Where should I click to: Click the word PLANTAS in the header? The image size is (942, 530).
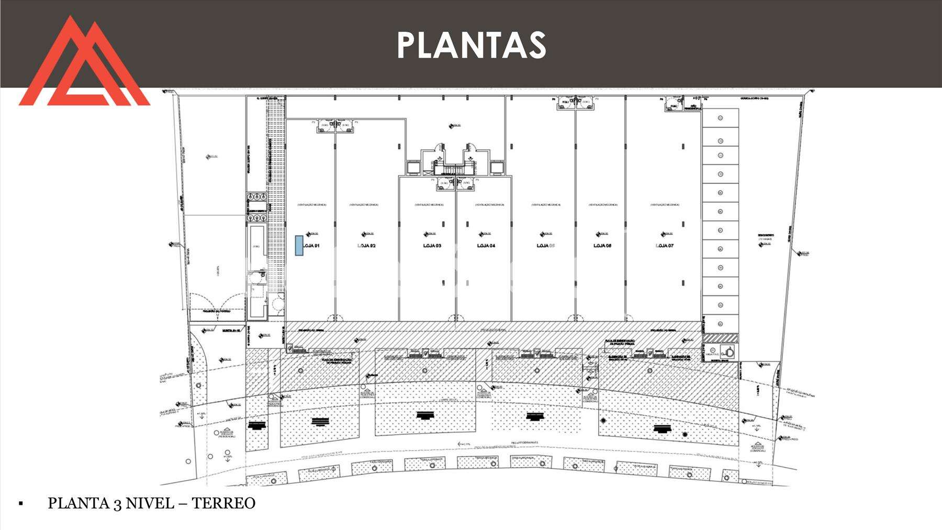click(x=472, y=45)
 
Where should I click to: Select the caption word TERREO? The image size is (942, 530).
click(x=223, y=503)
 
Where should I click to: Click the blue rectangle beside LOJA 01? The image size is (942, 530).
click(x=299, y=246)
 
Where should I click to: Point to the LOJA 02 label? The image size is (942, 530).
click(x=366, y=246)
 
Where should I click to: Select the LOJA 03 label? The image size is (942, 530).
click(x=432, y=246)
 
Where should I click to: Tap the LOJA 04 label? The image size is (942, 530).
click(x=486, y=246)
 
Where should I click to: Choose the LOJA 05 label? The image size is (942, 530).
click(x=546, y=246)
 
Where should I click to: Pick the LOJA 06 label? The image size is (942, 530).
click(x=602, y=246)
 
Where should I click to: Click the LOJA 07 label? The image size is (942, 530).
click(x=664, y=246)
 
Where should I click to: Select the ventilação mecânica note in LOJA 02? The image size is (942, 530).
click(x=364, y=205)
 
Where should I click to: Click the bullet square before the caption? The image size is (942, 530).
click(x=21, y=504)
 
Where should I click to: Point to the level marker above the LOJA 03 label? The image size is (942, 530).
click(x=429, y=234)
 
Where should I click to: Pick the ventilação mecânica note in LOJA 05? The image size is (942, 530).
click(x=546, y=205)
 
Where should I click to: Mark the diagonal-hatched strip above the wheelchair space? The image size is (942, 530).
click(x=720, y=338)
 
